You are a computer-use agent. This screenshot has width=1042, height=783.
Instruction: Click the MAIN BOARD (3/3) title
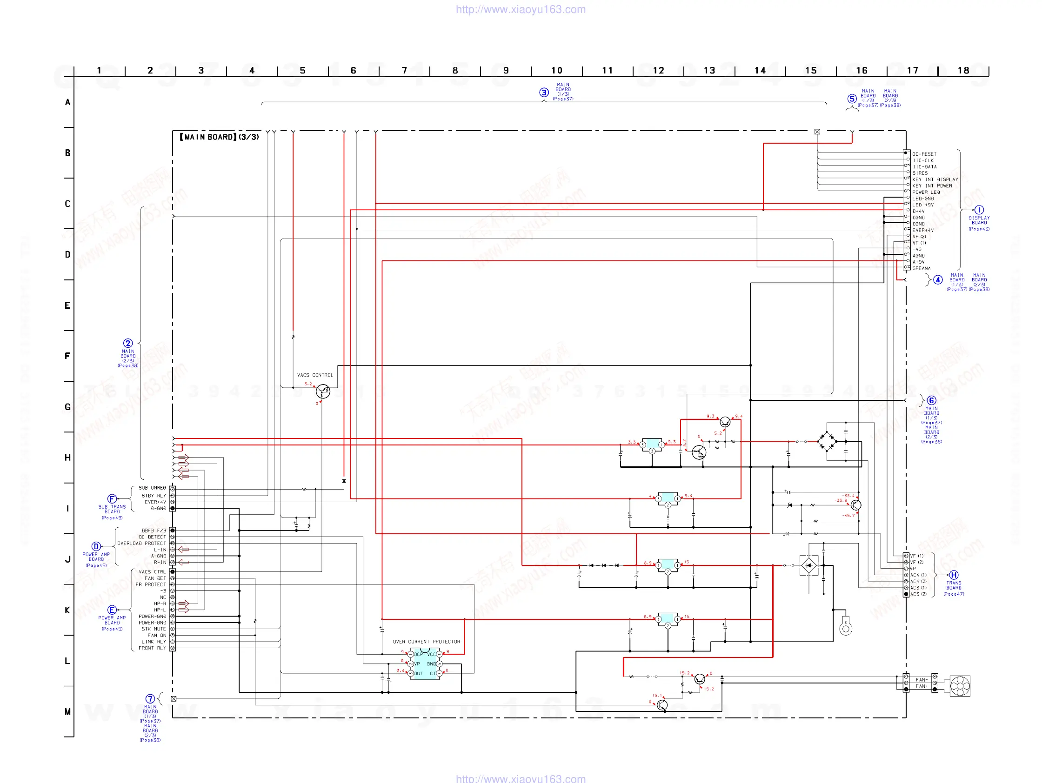220,137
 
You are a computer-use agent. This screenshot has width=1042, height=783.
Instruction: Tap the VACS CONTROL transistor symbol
323,391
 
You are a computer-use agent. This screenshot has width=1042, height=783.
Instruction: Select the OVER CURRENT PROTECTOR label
426,641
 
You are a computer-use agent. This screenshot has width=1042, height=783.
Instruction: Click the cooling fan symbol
960,686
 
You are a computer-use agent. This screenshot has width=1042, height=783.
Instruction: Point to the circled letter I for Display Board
979,210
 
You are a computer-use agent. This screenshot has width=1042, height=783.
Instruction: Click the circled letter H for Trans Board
954,575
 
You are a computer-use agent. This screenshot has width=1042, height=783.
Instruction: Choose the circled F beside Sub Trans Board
112,498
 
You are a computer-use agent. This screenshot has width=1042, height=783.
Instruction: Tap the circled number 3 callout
544,92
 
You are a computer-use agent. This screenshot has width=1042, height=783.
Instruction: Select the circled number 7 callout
150,699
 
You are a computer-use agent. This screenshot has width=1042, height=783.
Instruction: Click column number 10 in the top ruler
557,71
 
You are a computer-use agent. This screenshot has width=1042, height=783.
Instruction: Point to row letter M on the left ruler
68,711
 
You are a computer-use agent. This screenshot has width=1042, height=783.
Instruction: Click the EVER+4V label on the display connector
923,230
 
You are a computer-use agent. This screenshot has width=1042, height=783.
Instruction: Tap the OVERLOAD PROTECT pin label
141,544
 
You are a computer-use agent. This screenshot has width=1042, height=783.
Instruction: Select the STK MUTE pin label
154,629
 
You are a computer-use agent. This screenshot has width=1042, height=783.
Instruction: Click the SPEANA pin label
922,268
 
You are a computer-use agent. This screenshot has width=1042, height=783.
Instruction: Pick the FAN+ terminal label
922,686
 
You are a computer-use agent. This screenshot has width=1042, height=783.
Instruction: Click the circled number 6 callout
931,401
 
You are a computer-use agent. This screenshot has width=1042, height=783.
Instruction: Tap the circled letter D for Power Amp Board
96,547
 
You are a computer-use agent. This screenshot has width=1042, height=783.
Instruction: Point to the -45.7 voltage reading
848,516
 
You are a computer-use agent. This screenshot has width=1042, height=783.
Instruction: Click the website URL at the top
521,9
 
